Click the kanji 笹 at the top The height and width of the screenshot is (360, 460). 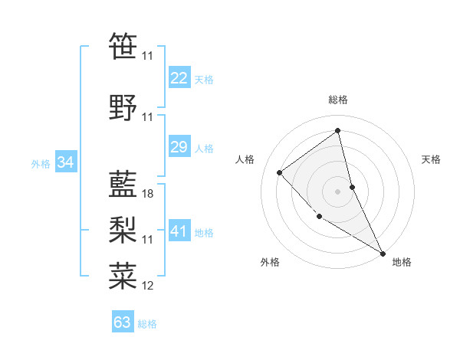[x=123, y=45]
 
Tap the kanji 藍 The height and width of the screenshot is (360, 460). [x=123, y=182]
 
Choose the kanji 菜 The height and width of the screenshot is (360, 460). [x=123, y=274]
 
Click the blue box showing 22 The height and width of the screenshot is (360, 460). [x=179, y=78]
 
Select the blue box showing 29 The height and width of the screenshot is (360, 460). [x=179, y=147]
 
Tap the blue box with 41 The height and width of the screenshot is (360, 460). [x=179, y=231]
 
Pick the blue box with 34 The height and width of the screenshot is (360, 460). [x=66, y=162]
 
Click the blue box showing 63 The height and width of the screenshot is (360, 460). [x=123, y=322]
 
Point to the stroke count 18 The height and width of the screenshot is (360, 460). [x=148, y=194]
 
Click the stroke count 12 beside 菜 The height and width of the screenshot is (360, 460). [x=148, y=286]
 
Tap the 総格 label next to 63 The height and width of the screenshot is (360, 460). [x=147, y=324]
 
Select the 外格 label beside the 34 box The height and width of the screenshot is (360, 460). [x=41, y=163]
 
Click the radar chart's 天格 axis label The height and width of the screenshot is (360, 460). [x=431, y=159]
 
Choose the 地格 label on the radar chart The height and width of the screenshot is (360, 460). [x=402, y=262]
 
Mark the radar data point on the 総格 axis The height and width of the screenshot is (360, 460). [x=337, y=131]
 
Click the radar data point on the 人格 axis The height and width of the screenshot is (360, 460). [x=280, y=172]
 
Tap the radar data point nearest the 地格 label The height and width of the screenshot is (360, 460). [x=383, y=254]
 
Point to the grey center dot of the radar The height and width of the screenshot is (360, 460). [x=337, y=191]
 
